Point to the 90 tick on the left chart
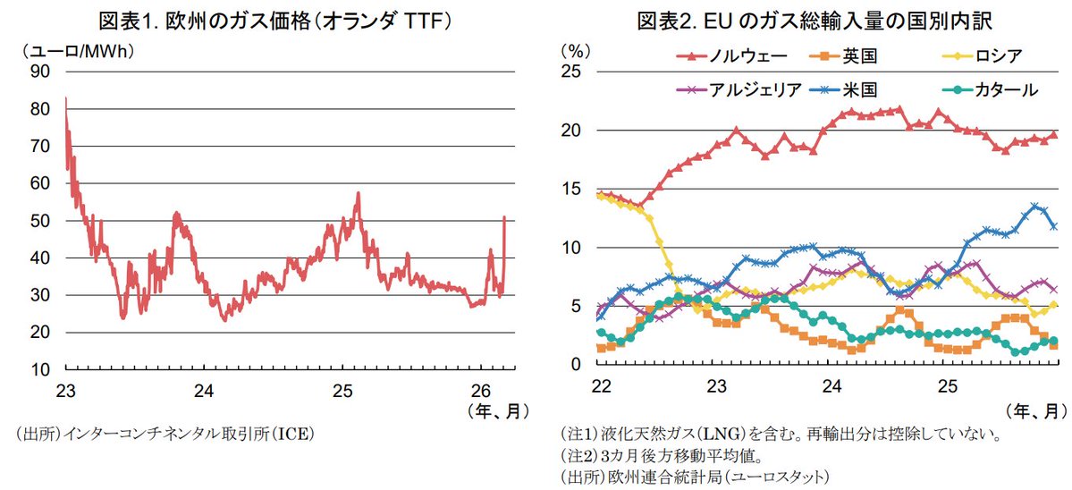click(x=39, y=72)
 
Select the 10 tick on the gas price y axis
click(x=39, y=369)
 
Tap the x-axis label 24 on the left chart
click(x=204, y=391)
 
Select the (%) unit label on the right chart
click(x=576, y=51)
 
